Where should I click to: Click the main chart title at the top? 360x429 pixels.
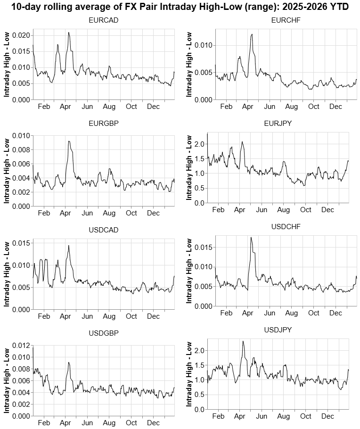(x=180, y=7)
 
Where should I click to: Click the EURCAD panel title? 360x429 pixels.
(x=103, y=20)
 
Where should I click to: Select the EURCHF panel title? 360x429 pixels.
(x=286, y=20)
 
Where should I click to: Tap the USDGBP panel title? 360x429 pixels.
(x=103, y=333)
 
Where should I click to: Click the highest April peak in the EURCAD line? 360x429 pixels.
(x=69, y=33)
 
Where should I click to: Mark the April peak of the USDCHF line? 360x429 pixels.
(x=251, y=237)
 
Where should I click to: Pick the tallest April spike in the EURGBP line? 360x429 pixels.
(x=69, y=141)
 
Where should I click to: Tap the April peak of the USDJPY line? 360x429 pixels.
(x=243, y=341)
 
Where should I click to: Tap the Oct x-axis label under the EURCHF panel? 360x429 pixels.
(x=313, y=107)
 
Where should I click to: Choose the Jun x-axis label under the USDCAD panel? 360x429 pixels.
(x=87, y=316)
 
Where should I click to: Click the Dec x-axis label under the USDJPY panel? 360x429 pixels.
(x=327, y=416)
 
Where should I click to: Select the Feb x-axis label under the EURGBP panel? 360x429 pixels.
(x=43, y=213)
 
